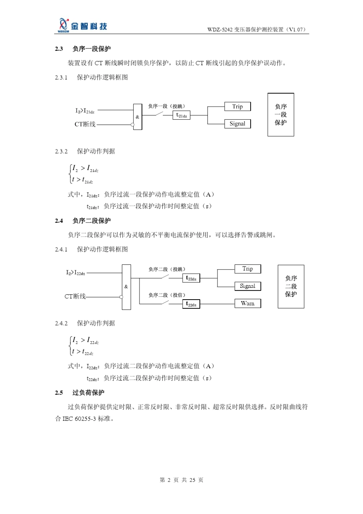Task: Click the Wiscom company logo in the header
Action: click(82, 25)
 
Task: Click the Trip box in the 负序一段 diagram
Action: click(237, 107)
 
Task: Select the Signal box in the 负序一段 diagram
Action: click(237, 124)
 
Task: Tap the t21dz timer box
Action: click(181, 115)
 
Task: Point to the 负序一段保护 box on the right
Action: click(280, 115)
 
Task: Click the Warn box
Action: click(248, 303)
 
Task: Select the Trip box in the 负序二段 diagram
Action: click(248, 269)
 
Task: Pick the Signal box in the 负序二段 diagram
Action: click(248, 286)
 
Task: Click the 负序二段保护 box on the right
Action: click(291, 286)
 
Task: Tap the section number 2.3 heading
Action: click(59, 49)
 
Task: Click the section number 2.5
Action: click(59, 393)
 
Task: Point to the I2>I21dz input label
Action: click(85, 111)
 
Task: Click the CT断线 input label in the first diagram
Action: click(85, 124)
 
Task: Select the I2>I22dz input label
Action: click(76, 273)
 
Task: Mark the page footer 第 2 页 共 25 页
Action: click(181, 480)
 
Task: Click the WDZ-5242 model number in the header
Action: click(220, 30)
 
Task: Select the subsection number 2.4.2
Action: click(61, 323)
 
